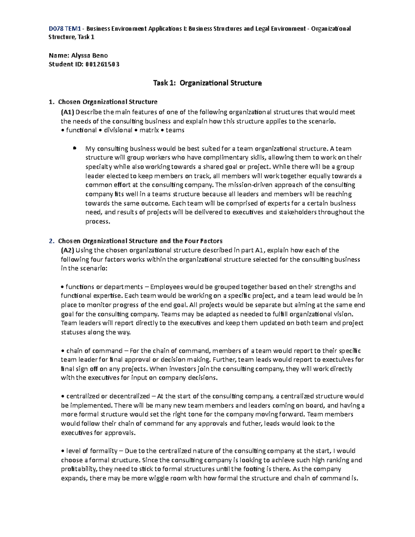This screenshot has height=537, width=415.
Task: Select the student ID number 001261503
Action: pos(102,64)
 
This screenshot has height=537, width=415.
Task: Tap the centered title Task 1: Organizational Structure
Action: pos(207,83)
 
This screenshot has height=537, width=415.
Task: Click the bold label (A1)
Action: pos(67,112)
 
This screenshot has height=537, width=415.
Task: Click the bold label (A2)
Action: pos(67,250)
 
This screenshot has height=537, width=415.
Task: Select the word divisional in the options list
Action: pos(118,130)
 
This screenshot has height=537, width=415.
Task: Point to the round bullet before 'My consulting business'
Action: pos(74,148)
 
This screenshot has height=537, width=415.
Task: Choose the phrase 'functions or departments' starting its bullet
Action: pos(104,287)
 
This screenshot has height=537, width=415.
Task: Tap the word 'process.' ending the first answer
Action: pos(98,222)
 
